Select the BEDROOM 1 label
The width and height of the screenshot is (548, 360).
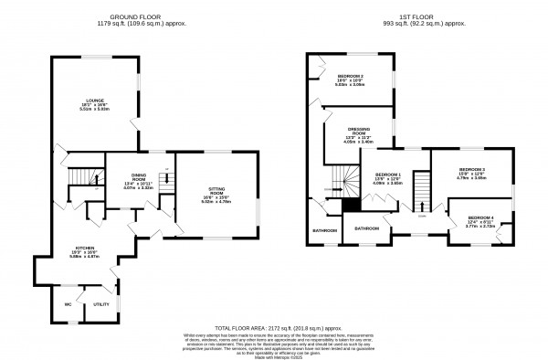pyautogui.click(x=388, y=174)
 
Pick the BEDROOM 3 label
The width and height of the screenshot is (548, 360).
pyautogui.click(x=471, y=169)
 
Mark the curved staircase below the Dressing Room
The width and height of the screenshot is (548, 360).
pyautogui.click(x=344, y=177)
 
